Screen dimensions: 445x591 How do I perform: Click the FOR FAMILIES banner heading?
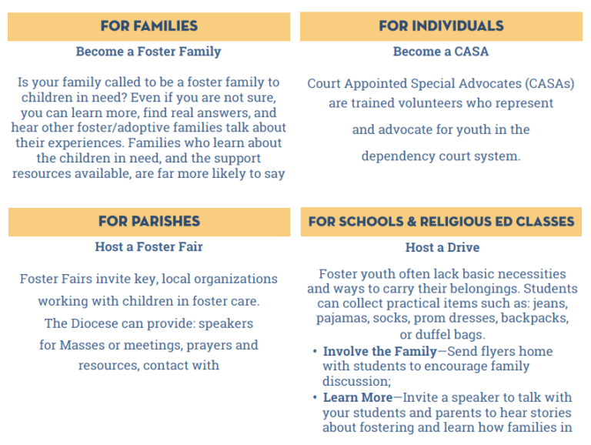(149, 26)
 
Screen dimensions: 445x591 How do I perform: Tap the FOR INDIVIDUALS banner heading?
(441, 26)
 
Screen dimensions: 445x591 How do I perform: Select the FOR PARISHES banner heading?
(149, 222)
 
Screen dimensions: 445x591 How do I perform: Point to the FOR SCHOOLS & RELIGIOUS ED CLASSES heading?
(441, 222)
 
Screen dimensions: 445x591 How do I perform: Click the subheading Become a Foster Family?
(149, 52)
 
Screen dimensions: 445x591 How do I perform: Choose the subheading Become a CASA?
(441, 52)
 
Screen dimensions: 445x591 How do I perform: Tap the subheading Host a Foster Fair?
(149, 247)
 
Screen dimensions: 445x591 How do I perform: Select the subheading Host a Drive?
(442, 247)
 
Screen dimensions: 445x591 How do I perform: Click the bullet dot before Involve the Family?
(315, 352)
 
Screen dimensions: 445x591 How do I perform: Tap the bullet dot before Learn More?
(315, 398)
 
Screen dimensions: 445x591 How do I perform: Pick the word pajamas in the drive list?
(341, 318)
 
